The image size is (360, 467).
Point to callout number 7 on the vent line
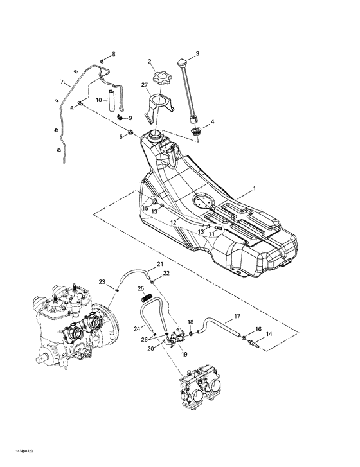coord(62,82)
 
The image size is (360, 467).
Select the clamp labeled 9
coord(122,118)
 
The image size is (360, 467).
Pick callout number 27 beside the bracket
coord(145,85)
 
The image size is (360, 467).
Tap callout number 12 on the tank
coord(173,222)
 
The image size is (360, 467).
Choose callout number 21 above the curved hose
coord(160,264)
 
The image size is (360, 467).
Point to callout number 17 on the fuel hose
coord(236,316)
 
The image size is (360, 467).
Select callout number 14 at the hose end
coord(269,334)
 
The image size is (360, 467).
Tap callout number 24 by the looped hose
coord(136,328)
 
